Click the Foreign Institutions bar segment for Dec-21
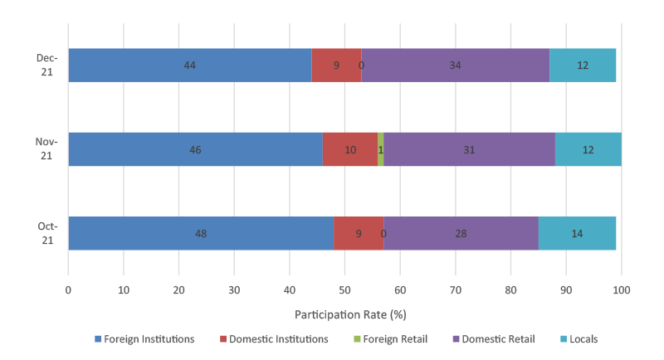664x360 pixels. click(189, 65)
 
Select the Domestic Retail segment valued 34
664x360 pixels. click(455, 65)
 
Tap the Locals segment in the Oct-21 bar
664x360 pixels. click(577, 234)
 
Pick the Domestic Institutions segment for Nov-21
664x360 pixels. click(350, 149)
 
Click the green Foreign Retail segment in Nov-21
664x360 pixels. click(380, 149)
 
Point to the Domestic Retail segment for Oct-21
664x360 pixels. click(461, 234)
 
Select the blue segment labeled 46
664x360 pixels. click(195, 149)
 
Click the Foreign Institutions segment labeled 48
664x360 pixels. click(200, 234)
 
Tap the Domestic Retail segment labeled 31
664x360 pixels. click(469, 149)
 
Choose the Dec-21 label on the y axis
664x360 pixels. click(46, 65)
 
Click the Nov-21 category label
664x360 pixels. click(46, 149)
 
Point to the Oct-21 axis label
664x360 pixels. click(46, 234)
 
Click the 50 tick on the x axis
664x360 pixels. click(344, 290)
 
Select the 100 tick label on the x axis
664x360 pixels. click(621, 290)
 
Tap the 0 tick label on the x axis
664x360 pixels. click(68, 290)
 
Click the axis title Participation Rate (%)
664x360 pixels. click(344, 315)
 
